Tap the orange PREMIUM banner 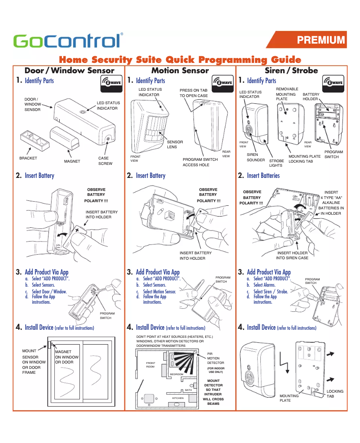pos(320,40)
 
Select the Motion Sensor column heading pos(180,71)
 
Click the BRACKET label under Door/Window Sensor pos(28,158)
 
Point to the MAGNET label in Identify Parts pos(72,161)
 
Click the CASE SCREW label pos(105,161)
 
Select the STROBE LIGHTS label pos(276,163)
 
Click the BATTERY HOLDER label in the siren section pos(311,97)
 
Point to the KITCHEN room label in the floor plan pos(178,398)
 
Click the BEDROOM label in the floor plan pos(176,374)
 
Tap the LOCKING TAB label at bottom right pos(334,394)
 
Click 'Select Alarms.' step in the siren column pos(265,285)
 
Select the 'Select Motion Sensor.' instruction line pos(159,291)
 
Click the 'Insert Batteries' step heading pos(263,176)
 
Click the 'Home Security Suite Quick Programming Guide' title pos(180,60)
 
